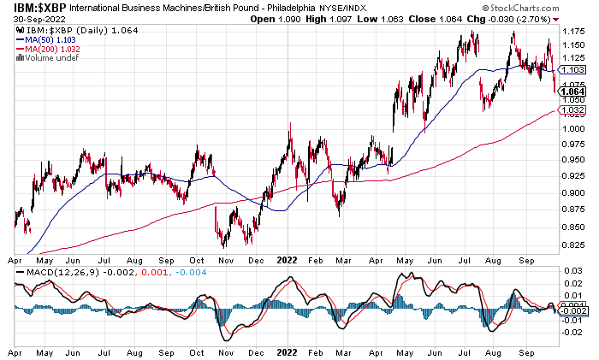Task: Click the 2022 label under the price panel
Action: [x=288, y=256]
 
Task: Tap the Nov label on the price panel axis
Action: [x=227, y=256]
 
